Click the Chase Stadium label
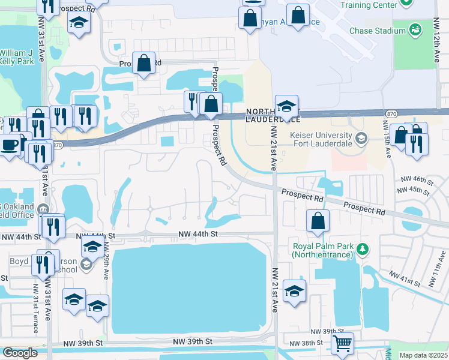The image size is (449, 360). pos(375,30)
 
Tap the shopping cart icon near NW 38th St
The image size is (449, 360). pos(342,344)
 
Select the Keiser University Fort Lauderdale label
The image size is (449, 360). pos(321,141)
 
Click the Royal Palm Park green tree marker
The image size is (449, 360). pos(362,248)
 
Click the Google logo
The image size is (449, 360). pos(20,353)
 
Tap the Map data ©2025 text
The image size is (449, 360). pos(423,355)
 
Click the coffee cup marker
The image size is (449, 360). pos(10,145)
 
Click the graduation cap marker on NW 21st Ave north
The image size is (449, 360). pos(286,107)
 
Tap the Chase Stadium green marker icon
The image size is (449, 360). pos(414,29)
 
